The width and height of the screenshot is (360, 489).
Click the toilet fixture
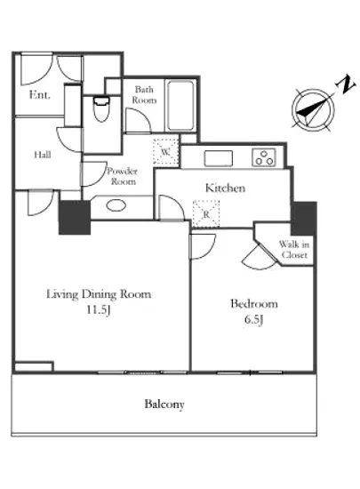101,109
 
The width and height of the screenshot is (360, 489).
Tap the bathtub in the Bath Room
180,106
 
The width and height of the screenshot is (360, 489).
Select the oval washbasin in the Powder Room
116,205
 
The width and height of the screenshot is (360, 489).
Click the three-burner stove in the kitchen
264,157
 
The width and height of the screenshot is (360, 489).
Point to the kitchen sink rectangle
218,158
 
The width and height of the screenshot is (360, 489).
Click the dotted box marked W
165,151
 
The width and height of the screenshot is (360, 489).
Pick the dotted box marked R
205,213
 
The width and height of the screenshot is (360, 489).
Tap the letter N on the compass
346,84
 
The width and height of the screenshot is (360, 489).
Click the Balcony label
164,405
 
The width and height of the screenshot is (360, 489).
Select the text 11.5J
98,310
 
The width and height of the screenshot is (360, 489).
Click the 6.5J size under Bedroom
253,320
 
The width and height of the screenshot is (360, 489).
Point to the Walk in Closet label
294,250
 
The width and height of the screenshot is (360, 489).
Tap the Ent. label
39,94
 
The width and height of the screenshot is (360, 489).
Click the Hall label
43,155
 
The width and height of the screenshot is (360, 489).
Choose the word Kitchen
225,188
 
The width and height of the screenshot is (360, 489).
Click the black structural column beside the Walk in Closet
304,219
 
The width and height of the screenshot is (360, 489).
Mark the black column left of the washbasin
75,217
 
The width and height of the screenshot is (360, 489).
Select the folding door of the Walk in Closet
260,257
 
